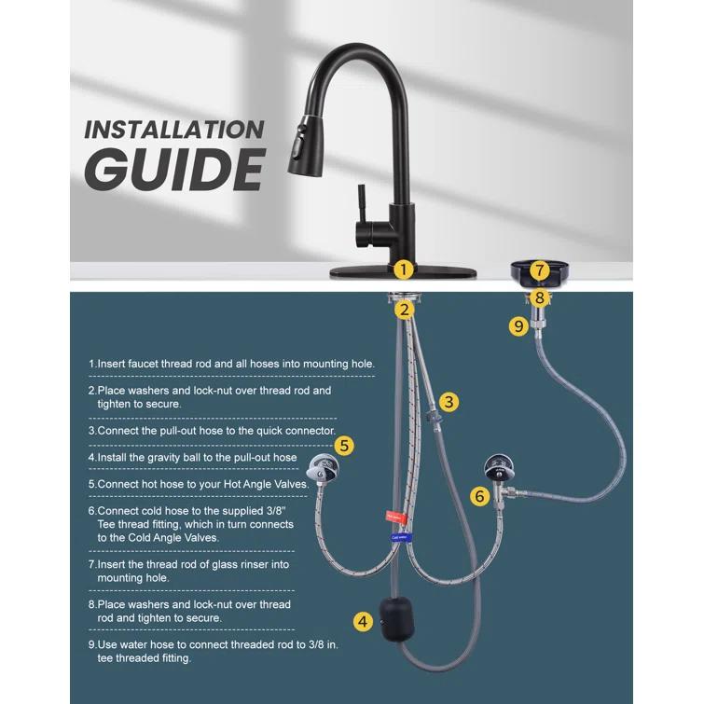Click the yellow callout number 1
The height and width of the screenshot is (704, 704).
[403, 270]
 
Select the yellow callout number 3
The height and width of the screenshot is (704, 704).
[449, 402]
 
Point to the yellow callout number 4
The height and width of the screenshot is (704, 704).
[362, 621]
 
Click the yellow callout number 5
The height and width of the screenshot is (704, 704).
[344, 446]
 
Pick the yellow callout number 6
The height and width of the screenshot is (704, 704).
[479, 496]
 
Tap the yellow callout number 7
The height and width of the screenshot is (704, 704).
[539, 270]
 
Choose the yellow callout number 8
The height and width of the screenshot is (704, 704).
[539, 298]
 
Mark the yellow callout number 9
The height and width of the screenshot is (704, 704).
[518, 326]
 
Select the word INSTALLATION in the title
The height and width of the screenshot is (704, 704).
[173, 130]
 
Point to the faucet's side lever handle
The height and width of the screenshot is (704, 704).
[356, 200]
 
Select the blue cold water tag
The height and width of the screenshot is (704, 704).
[400, 537]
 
